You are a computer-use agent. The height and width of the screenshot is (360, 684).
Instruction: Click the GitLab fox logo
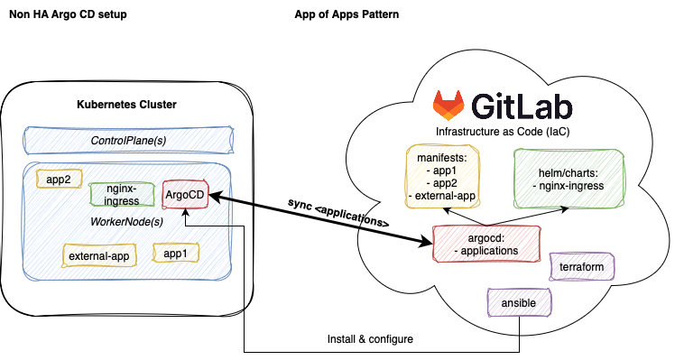[x=448, y=105]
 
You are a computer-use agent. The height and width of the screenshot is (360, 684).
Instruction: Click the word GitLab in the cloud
[x=521, y=106]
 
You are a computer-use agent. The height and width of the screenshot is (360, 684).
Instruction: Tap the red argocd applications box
[x=486, y=243]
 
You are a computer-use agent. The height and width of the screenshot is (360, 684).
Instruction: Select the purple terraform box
[x=582, y=267]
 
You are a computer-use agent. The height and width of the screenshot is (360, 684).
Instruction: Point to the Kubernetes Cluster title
[x=126, y=105]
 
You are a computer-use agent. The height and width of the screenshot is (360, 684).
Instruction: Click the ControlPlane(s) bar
[x=127, y=141]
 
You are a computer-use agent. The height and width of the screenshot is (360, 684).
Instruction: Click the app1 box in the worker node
[x=176, y=254]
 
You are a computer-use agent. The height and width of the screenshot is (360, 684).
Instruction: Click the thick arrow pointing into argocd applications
[x=397, y=233]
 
